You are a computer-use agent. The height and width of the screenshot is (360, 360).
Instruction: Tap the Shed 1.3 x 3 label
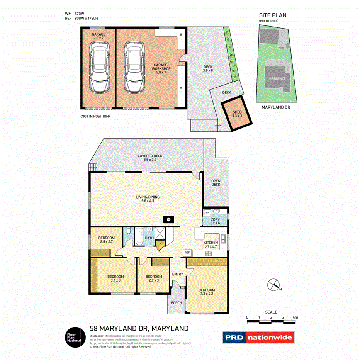tap(237, 114)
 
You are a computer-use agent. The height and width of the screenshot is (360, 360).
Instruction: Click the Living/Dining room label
tap(148, 199)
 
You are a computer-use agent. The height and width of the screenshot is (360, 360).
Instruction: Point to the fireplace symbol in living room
tap(169, 219)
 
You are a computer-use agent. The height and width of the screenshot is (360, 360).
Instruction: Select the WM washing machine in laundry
tap(207, 212)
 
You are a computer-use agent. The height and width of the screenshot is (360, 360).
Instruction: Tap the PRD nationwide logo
tap(258, 337)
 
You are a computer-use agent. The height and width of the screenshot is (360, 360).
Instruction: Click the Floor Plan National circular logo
tap(74, 336)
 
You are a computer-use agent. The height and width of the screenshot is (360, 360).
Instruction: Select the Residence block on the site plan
tap(277, 78)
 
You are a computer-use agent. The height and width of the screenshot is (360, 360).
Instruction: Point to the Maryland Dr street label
tap(276, 107)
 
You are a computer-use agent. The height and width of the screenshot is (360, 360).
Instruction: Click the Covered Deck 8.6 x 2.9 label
tap(150, 158)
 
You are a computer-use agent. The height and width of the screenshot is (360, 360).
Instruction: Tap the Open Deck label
tap(216, 183)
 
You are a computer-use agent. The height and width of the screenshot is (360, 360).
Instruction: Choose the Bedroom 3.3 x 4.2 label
tap(207, 292)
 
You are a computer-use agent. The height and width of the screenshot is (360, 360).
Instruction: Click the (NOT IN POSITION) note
tap(95, 116)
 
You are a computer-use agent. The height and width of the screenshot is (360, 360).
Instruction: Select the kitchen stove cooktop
tap(208, 253)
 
